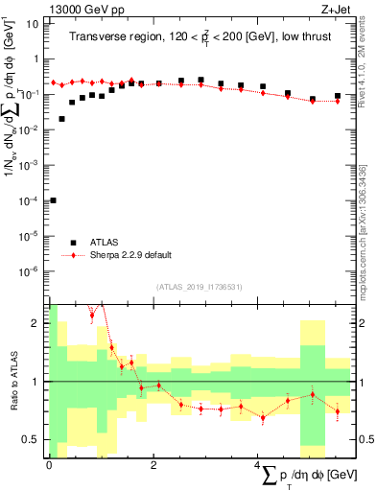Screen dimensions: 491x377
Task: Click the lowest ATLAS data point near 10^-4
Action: click(x=53, y=200)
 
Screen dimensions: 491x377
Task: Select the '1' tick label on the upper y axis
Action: click(x=35, y=58)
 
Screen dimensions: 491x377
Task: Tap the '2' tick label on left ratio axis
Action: click(x=35, y=323)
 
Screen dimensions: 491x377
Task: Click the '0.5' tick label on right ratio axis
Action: click(x=365, y=439)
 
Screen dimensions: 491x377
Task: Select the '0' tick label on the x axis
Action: click(x=49, y=464)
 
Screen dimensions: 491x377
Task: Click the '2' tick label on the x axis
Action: click(x=153, y=464)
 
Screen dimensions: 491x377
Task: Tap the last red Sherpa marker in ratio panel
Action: click(x=337, y=411)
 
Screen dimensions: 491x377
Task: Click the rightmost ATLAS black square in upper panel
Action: click(x=337, y=96)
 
